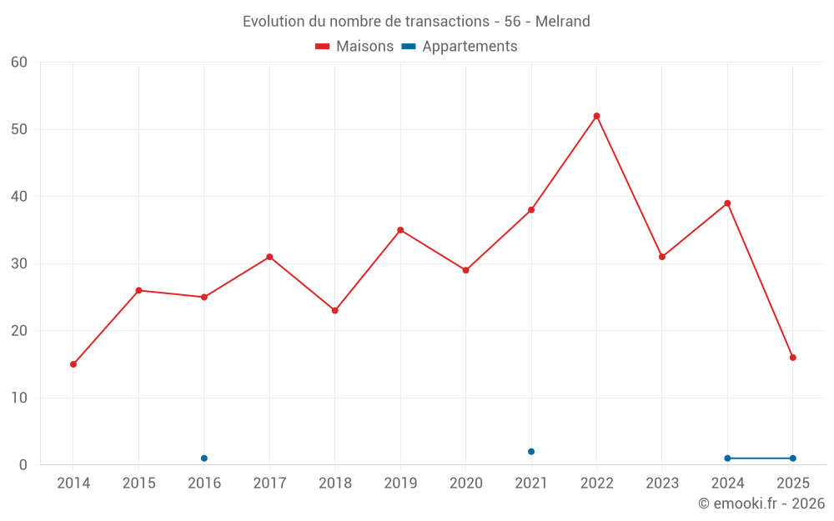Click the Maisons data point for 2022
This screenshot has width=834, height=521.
(x=596, y=116)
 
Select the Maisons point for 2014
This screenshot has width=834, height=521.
(x=73, y=364)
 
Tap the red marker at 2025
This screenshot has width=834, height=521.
(x=792, y=358)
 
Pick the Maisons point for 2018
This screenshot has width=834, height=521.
(x=335, y=310)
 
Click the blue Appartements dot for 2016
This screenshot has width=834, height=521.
(x=204, y=458)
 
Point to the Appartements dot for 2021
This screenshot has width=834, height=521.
(x=531, y=452)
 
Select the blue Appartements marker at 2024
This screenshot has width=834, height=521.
(x=727, y=458)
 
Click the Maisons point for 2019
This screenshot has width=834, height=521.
(x=400, y=230)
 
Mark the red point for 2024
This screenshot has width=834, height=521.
(x=727, y=203)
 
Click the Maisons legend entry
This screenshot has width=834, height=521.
(x=354, y=47)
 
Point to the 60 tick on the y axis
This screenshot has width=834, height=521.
(x=19, y=63)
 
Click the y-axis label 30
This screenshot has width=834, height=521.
(x=19, y=263)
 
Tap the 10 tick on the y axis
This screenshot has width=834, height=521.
(x=19, y=398)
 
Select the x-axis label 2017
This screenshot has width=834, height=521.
(x=269, y=483)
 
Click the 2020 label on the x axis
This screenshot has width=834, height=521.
(x=466, y=483)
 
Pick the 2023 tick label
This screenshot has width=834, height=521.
(x=662, y=483)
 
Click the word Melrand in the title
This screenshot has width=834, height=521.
(x=563, y=22)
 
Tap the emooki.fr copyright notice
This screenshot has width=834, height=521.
(x=761, y=503)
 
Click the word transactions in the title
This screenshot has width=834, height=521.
(x=445, y=22)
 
